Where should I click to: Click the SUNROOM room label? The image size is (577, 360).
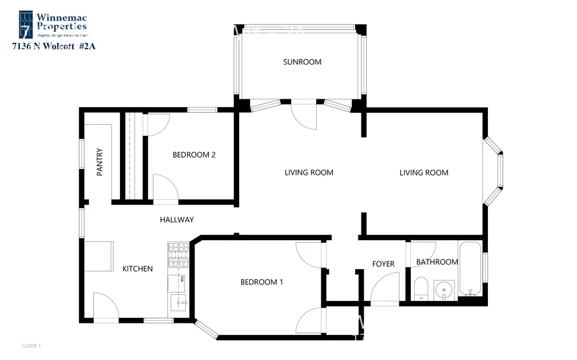tap(302, 62)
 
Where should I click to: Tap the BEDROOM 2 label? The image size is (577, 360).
tap(193, 154)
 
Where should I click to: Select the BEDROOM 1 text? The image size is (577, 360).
tap(262, 282)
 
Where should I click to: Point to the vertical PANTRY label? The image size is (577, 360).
tap(99, 163)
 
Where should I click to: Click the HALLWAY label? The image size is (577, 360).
tap(176, 220)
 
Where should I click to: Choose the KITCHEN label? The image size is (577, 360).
tap(137, 268)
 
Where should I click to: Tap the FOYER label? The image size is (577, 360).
tap(383, 264)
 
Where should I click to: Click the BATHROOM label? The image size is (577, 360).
tap(437, 262)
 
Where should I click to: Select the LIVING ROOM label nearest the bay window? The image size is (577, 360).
tap(423, 172)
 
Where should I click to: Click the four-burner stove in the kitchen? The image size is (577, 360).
tap(178, 254)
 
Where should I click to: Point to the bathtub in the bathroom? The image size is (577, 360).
tap(470, 269)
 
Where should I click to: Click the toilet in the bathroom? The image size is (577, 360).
tap(420, 288)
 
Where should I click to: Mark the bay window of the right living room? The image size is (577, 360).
tap(494, 170)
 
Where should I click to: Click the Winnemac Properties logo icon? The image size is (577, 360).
tap(26, 23)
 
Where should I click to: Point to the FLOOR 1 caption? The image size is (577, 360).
tap(31, 346)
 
